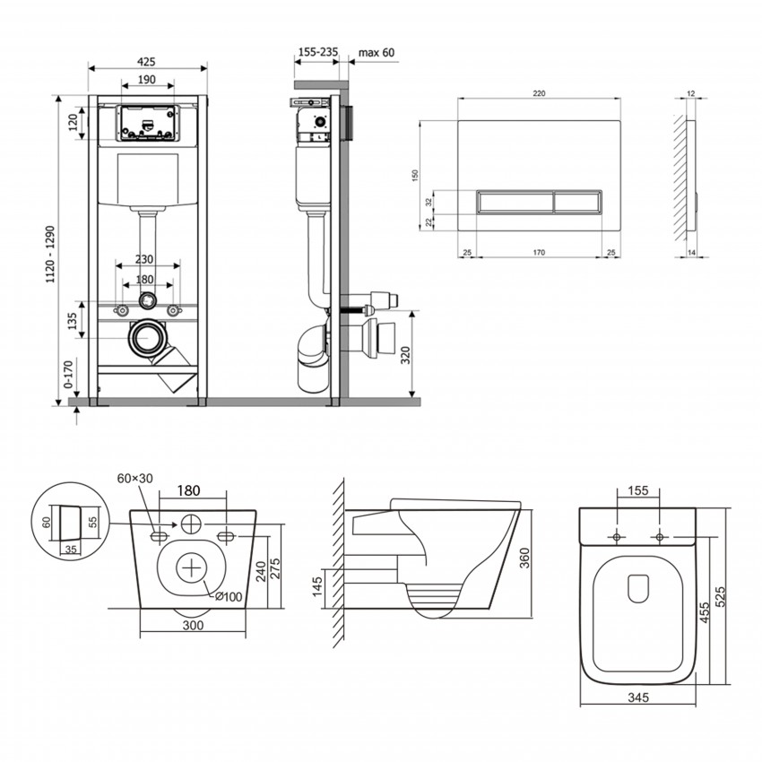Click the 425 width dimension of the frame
[x=148, y=61]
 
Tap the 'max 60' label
[x=376, y=53]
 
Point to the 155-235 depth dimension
[x=316, y=53]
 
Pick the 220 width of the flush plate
[x=539, y=93]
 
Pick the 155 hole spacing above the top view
[x=638, y=491]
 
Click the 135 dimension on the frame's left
[x=72, y=320]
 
